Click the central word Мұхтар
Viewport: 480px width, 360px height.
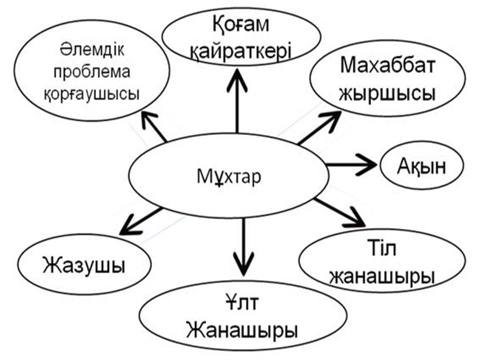229,178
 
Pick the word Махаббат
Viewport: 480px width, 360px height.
388,65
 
